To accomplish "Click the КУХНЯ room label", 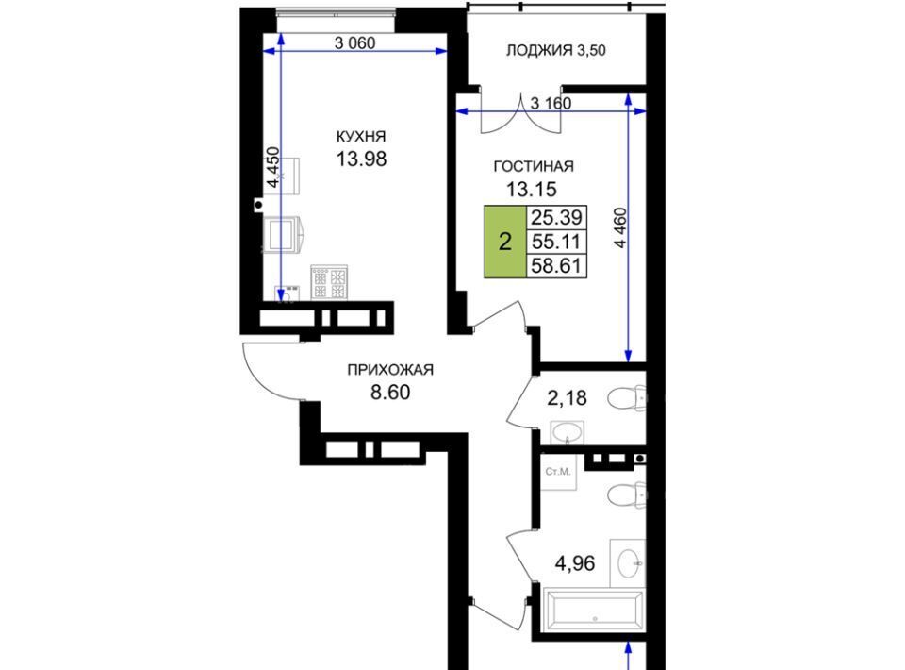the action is click(x=361, y=136).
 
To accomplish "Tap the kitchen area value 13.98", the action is click(x=361, y=159).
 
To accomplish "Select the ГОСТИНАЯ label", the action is click(x=534, y=166).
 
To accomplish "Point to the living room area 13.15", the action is click(x=531, y=189).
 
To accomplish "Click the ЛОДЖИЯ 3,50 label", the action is click(x=556, y=50).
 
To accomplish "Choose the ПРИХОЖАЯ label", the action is click(x=390, y=370).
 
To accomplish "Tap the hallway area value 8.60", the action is click(x=390, y=393).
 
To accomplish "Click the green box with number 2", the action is click(x=505, y=242).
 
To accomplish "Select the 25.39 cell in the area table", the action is click(x=556, y=218).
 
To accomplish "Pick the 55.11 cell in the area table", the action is click(x=556, y=242).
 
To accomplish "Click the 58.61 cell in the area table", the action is click(x=556, y=266).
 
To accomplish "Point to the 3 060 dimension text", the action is click(x=355, y=42).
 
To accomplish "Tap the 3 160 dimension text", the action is click(x=551, y=104).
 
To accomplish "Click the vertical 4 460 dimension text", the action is click(x=620, y=228).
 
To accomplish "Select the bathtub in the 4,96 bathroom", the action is click(x=595, y=610).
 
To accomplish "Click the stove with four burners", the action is click(x=329, y=282).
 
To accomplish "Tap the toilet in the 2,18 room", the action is click(x=628, y=398).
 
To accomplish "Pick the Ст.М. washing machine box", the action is click(x=558, y=472).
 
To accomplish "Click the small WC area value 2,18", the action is click(x=567, y=398).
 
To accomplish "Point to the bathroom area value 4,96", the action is click(x=575, y=562).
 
